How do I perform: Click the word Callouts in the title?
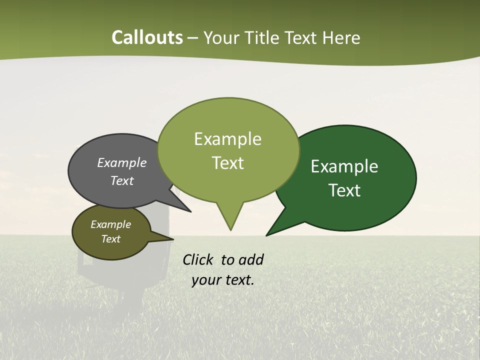pyautogui.click(x=147, y=37)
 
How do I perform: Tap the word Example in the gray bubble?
pyautogui.click(x=122, y=162)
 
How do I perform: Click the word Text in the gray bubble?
pyautogui.click(x=122, y=180)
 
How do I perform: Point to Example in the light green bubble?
pyautogui.click(x=227, y=139)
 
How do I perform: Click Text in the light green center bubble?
pyautogui.click(x=227, y=163)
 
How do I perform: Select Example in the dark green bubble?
pyautogui.click(x=344, y=166)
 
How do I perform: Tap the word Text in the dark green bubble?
pyautogui.click(x=344, y=190)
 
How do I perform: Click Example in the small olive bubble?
pyautogui.click(x=110, y=224)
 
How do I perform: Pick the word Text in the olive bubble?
pyautogui.click(x=110, y=239)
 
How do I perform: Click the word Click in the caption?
pyautogui.click(x=198, y=259)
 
